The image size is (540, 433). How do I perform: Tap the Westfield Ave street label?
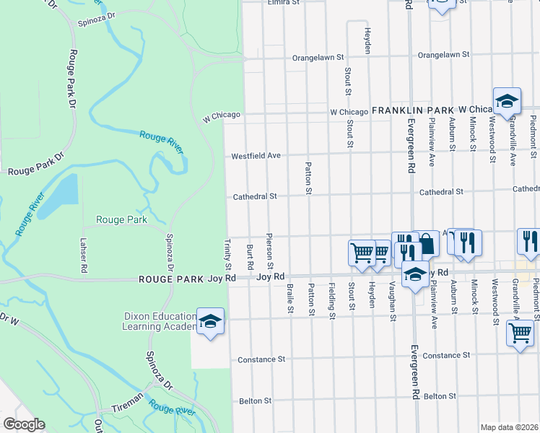click(x=256, y=156)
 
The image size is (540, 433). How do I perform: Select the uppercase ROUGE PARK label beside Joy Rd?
click(x=171, y=277)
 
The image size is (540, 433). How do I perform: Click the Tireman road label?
click(x=128, y=408)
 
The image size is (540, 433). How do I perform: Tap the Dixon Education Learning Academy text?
click(x=160, y=321)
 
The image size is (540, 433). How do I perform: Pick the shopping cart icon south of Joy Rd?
click(x=520, y=333)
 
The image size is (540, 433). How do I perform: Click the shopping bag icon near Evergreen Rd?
click(x=426, y=244)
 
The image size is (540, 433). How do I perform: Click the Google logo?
click(x=23, y=424)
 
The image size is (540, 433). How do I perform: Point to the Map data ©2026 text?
click(x=510, y=427)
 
